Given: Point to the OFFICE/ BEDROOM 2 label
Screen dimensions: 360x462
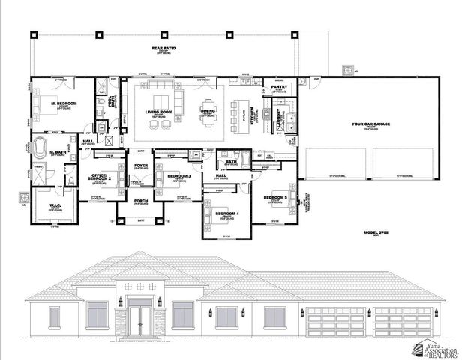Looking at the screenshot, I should (100, 178).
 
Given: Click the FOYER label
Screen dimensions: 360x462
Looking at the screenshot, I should (139, 166).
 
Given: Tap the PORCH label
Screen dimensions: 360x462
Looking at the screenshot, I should (139, 201).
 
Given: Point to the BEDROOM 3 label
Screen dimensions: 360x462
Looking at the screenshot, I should (179, 177).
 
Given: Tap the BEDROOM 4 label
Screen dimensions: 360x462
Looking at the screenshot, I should (226, 214).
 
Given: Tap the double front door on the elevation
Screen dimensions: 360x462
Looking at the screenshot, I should (138, 318).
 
